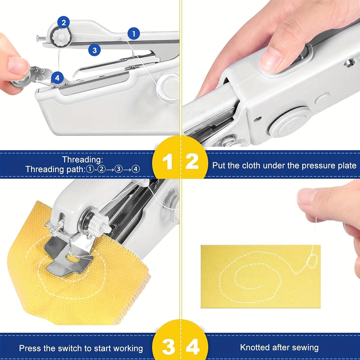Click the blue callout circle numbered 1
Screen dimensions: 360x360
[133, 33]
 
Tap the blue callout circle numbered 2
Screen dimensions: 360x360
[63, 22]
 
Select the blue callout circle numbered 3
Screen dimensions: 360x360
[94, 50]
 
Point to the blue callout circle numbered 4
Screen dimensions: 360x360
[57, 78]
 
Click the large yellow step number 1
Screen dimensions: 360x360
[167, 162]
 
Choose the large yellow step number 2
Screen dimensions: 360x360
[192, 162]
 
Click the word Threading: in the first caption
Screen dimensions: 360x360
[82, 159]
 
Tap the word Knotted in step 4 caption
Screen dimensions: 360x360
[255, 348]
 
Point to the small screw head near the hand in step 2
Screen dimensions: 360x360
[349, 63]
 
